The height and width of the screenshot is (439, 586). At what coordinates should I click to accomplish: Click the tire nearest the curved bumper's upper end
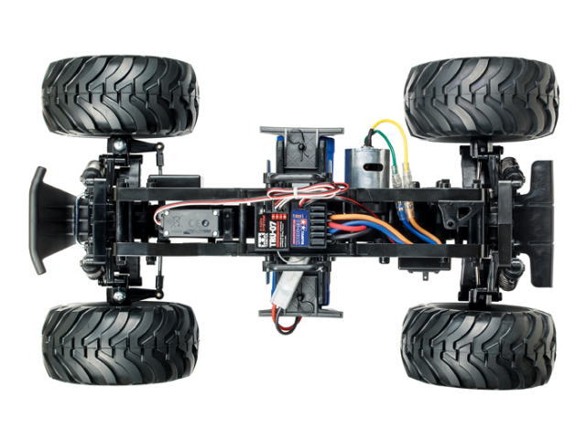tap(119, 96)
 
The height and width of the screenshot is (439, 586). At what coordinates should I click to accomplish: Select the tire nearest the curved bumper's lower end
tap(119, 343)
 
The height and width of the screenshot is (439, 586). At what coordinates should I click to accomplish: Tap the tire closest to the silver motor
tap(481, 99)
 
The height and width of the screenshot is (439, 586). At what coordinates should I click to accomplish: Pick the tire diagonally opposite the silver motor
tap(119, 343)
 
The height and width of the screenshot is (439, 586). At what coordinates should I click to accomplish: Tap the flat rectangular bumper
tap(540, 219)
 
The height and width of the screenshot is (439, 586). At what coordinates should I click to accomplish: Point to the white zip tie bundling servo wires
tap(291, 192)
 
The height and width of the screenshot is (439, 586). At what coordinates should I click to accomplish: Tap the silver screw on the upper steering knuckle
tap(118, 145)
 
